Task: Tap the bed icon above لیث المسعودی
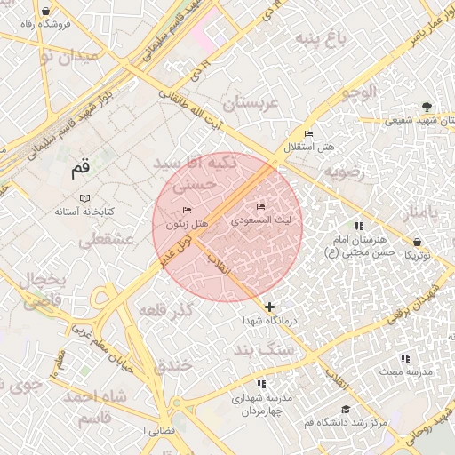pos(260,206)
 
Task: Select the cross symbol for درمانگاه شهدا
pos(270,307)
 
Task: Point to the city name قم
pos(81,167)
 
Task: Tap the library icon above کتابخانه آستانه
pos(84,197)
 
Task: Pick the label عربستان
pos(251,103)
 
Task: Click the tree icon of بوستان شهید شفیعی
pos(427,107)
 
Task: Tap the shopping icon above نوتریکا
pos(418,242)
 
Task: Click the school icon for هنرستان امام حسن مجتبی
pos(359,227)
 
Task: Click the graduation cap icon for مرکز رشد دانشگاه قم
pos(345,410)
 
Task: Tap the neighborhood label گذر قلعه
pos(165,310)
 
